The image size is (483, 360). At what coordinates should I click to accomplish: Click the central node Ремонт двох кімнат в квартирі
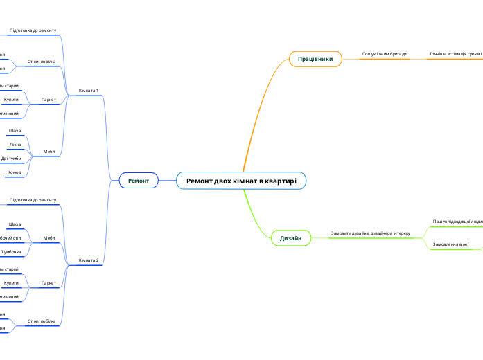[x=241, y=181]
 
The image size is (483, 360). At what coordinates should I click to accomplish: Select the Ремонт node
[x=139, y=181]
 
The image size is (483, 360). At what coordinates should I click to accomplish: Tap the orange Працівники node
[x=315, y=59]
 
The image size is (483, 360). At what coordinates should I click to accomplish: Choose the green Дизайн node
[x=290, y=238]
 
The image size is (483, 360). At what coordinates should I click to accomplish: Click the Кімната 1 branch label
[x=89, y=91]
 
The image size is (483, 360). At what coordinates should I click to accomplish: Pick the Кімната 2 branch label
[x=89, y=260]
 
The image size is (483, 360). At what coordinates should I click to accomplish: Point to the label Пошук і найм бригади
[x=384, y=53]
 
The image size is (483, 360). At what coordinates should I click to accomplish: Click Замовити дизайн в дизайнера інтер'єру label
[x=370, y=233]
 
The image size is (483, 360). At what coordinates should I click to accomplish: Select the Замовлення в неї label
[x=450, y=244]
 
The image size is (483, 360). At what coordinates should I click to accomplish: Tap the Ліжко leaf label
[x=15, y=145]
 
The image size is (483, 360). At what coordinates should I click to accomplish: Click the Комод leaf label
[x=15, y=172]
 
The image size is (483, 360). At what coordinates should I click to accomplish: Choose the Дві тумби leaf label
[x=11, y=159]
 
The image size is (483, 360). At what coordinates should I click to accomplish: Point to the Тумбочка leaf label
[x=11, y=251]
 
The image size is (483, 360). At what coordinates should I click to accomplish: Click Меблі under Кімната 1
[x=49, y=151]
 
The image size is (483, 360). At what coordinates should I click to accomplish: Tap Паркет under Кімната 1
[x=49, y=100]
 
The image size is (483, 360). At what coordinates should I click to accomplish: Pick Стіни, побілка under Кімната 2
[x=42, y=321]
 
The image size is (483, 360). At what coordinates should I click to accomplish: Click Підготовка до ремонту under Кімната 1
[x=33, y=31]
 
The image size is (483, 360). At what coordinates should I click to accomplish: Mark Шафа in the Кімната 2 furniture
[x=15, y=224]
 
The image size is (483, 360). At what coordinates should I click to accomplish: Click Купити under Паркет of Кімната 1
[x=11, y=100]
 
